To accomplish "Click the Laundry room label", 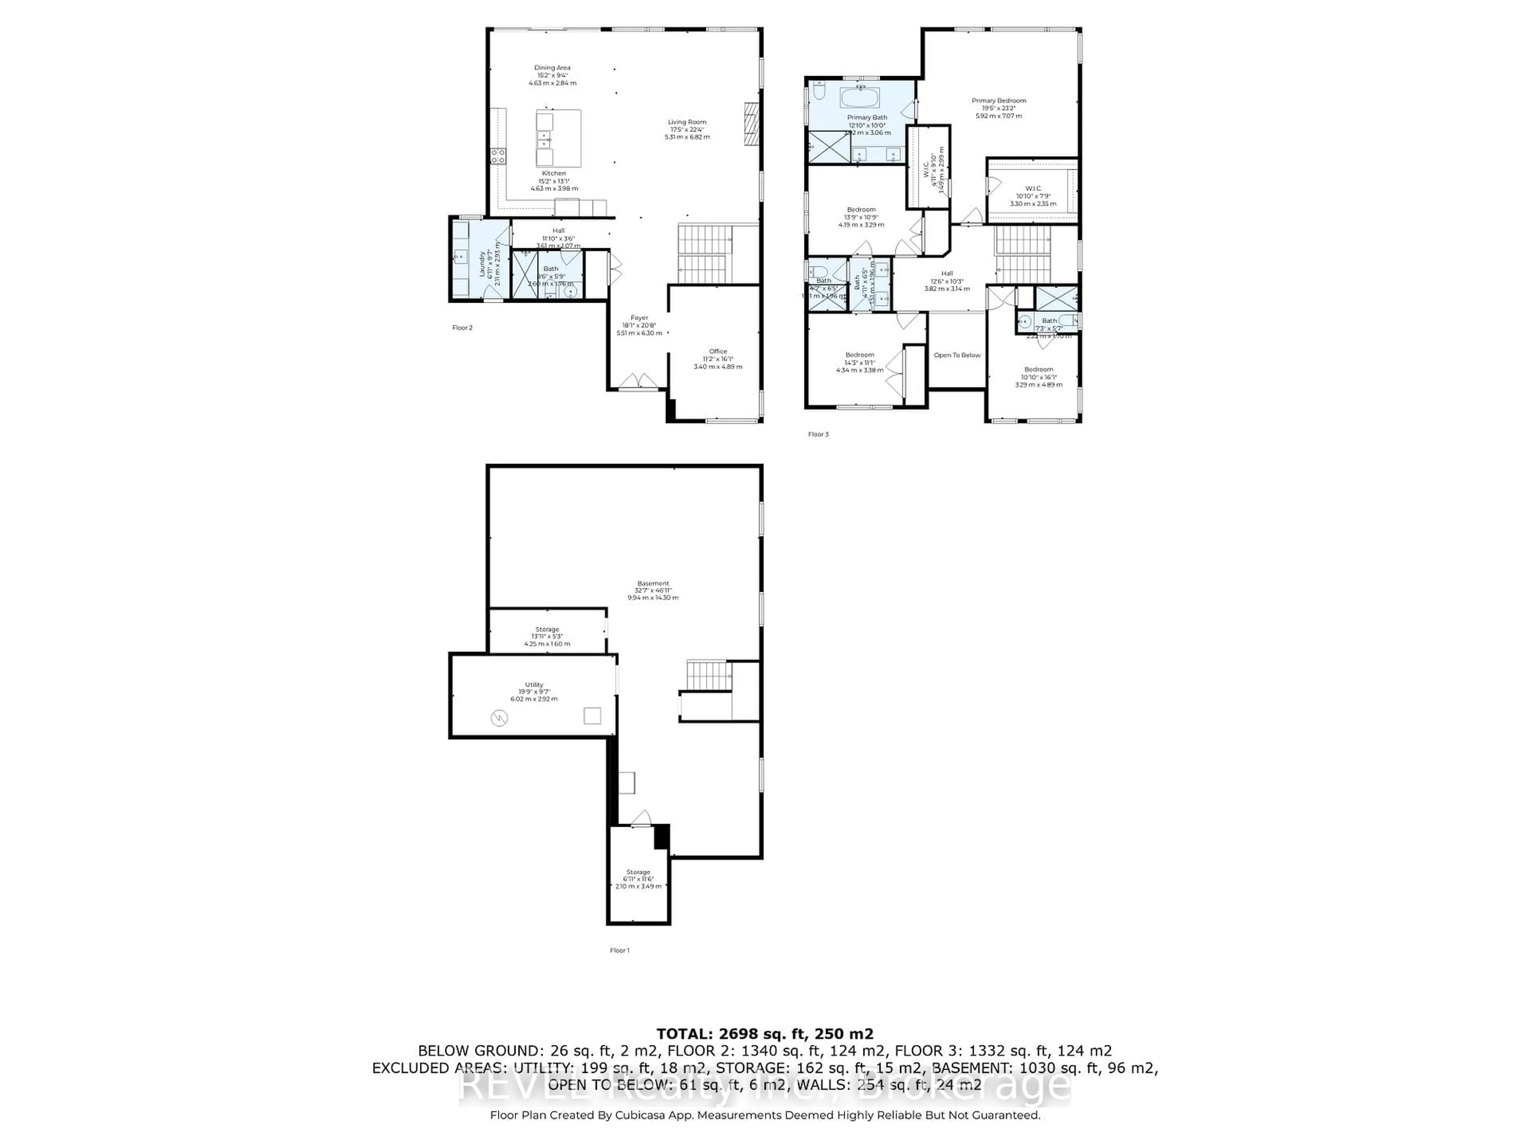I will pos(482,263).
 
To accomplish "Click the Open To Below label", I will pos(957,355).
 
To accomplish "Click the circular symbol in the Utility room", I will pos(499,718).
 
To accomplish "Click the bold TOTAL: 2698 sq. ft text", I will pos(764,1033).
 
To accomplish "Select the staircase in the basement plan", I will pos(708,676).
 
